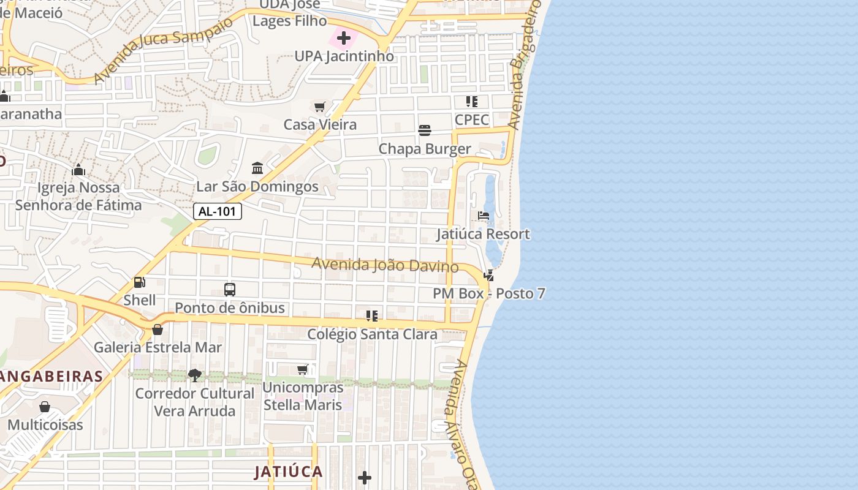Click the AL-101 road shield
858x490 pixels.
pos(218,212)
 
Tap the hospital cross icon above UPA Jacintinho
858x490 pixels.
pos(344,38)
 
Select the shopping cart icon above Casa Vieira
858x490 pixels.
pos(319,108)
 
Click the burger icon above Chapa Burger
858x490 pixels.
pos(425,130)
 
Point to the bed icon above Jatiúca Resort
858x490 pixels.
pos(484,216)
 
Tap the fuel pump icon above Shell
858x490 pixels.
pos(140,282)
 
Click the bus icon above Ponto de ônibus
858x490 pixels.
pos(230,290)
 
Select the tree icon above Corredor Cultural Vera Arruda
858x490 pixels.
pos(195,375)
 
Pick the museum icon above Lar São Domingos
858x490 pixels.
pos(257,168)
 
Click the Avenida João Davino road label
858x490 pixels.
pos(385,265)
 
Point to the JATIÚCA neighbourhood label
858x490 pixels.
pos(289,472)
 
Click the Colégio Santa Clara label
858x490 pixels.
pos(372,334)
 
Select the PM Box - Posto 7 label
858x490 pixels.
pos(489,293)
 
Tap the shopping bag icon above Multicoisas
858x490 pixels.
pos(45,407)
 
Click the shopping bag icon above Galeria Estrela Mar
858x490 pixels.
pos(158,330)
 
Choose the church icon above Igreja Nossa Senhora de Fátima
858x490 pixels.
pos(78,169)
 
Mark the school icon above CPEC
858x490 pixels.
pos(471,102)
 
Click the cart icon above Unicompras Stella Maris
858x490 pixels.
pos(303,369)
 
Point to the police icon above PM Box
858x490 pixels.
pos(488,276)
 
